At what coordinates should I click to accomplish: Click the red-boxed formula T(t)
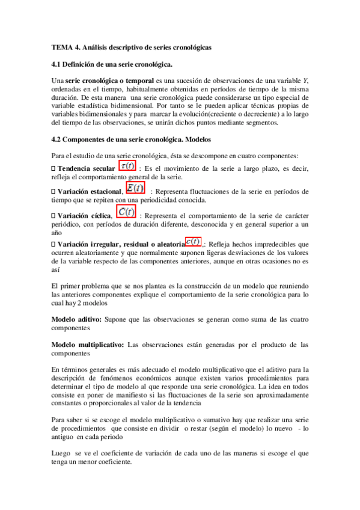pos(127,165)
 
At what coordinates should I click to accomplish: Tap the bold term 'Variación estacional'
pos(91,191)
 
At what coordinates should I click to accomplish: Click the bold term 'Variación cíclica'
pos(85,215)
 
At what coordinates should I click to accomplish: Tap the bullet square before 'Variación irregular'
pos(54,244)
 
